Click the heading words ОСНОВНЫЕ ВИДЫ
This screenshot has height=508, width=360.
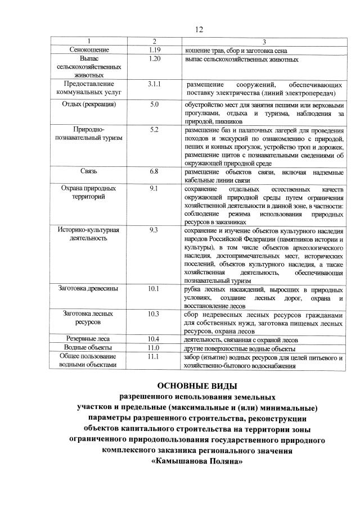point(197,386)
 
